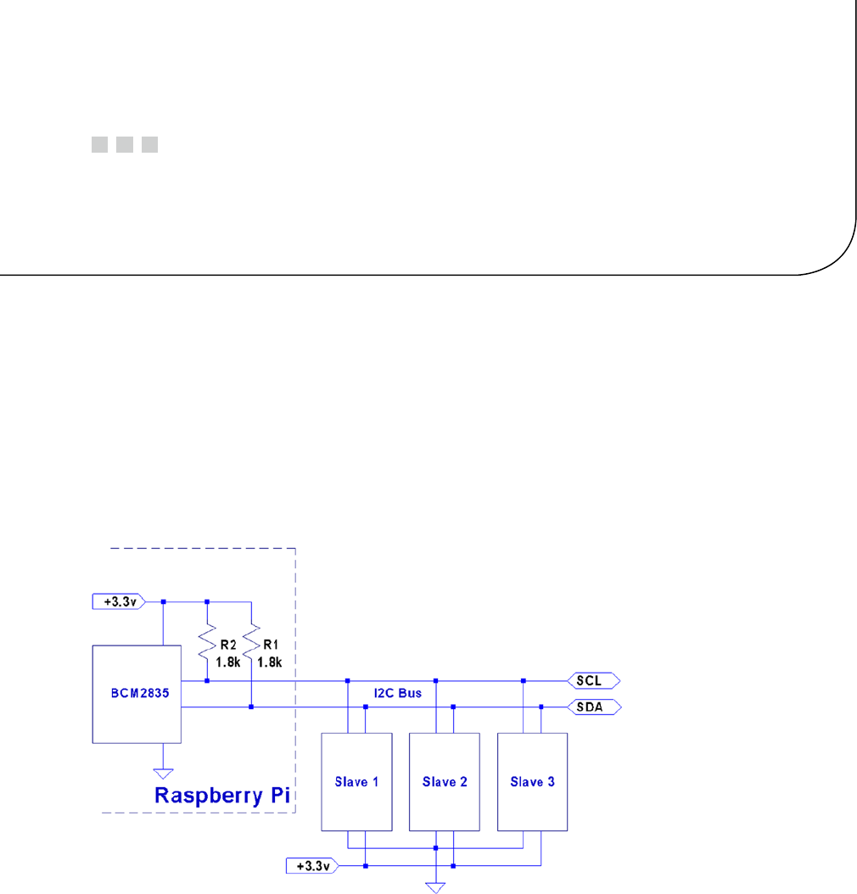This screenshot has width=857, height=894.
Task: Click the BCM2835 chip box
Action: coord(136,693)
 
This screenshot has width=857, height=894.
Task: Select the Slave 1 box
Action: coord(356,781)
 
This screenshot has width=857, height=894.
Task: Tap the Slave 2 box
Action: coord(445,781)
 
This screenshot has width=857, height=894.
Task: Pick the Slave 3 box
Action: coord(532,781)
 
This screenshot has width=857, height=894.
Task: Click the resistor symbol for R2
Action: coord(207,642)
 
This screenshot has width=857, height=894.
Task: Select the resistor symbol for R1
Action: coord(251,642)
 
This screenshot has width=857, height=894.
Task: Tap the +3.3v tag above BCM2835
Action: coord(118,601)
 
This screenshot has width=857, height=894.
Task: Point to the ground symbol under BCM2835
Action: coord(163,772)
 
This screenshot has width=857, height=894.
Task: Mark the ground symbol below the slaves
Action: coord(435,886)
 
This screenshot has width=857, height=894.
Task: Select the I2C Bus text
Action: coord(398,694)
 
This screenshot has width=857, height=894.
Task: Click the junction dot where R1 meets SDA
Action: coord(251,707)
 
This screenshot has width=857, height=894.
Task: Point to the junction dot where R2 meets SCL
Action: coord(207,680)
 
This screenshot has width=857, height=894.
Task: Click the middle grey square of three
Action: coord(125,144)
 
